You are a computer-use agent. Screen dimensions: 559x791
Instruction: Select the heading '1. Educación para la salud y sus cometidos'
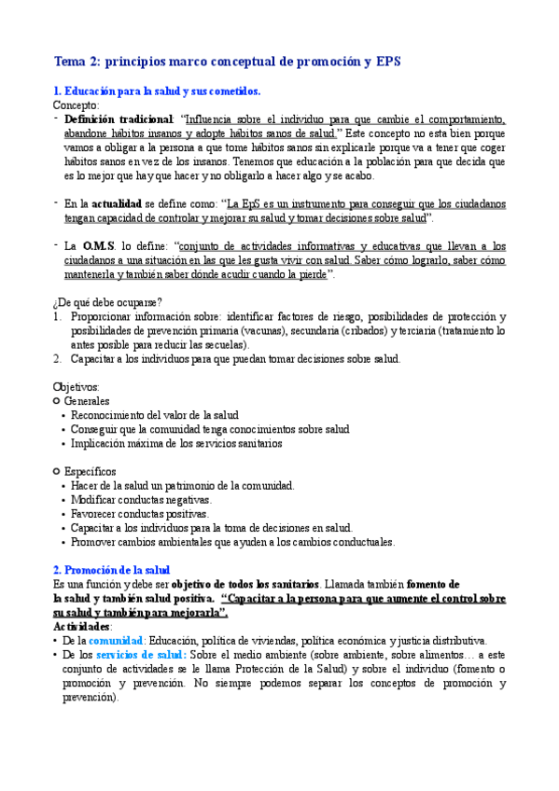pyautogui.click(x=157, y=91)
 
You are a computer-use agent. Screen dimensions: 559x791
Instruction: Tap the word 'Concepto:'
pyautogui.click(x=74, y=106)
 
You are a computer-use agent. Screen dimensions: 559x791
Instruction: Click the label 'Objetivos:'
pyautogui.click(x=77, y=386)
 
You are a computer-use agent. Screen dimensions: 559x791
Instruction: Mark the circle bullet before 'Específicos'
pyautogui.click(x=58, y=471)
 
